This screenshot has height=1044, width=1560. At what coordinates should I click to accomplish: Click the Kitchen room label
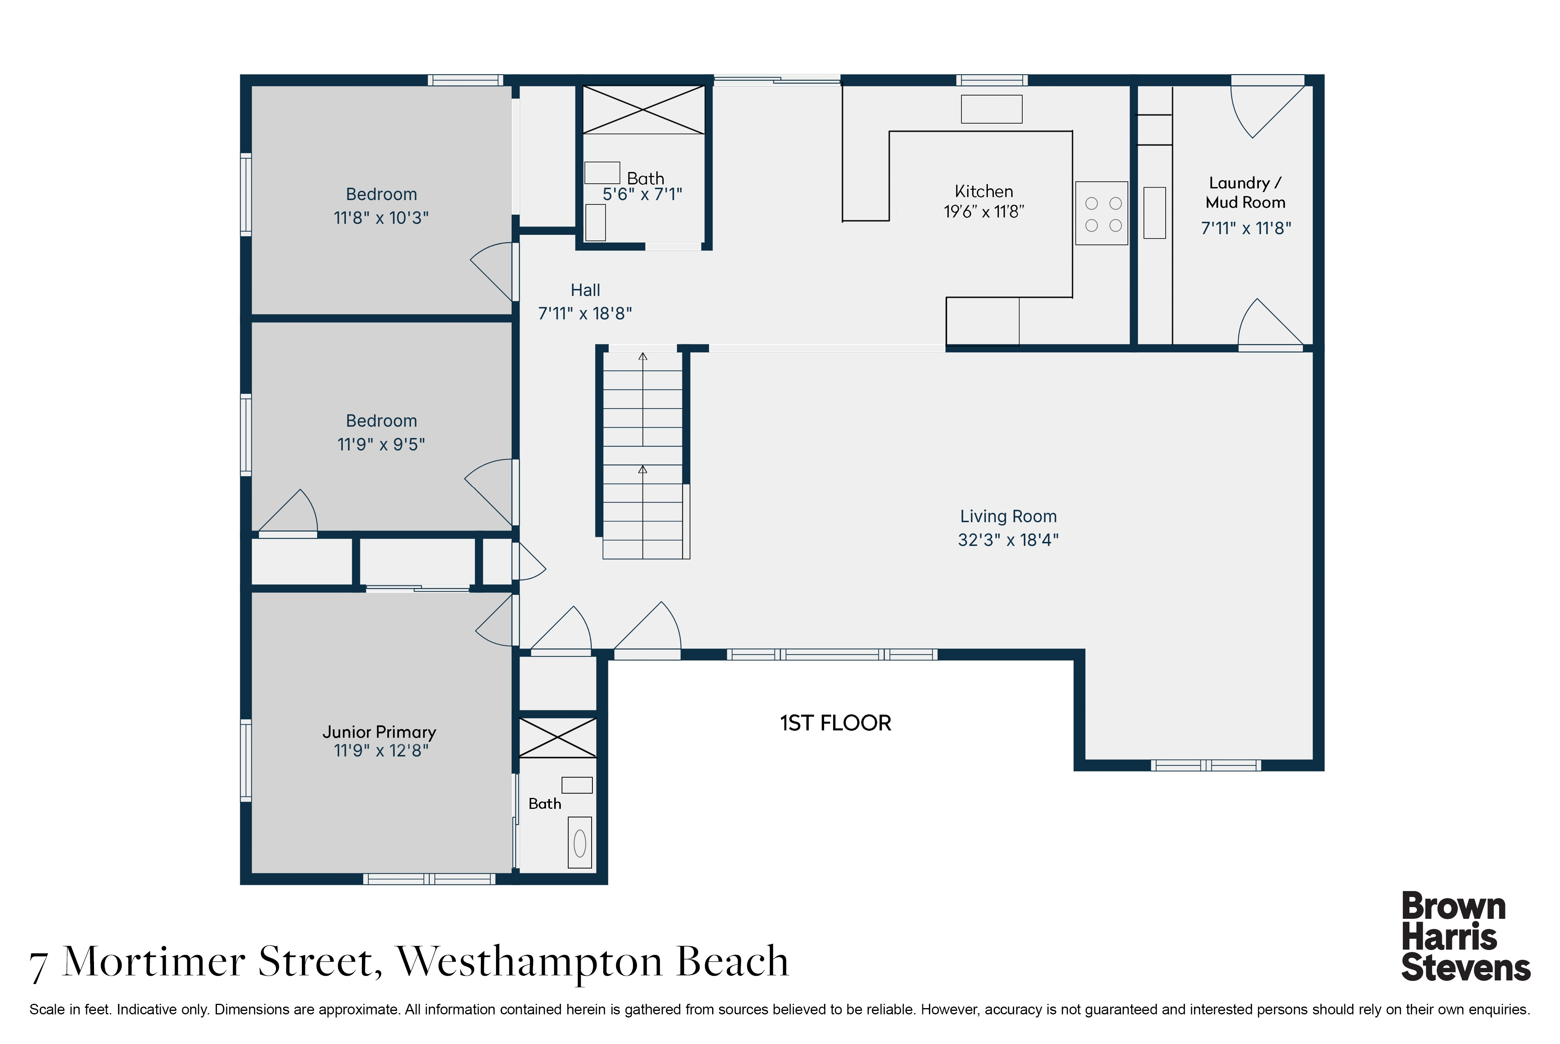[x=984, y=192]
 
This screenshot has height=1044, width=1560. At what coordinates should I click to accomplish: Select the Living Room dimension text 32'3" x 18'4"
[x=1008, y=540]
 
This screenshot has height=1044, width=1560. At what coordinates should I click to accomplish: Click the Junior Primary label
[x=379, y=732]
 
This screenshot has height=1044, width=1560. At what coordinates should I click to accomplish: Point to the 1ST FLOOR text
[x=836, y=723]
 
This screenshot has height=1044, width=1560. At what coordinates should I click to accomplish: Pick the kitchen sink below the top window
[x=991, y=109]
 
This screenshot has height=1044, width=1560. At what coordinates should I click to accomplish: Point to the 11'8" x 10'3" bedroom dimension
[x=381, y=218]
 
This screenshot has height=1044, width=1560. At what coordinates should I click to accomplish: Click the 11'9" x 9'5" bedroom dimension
[x=381, y=444]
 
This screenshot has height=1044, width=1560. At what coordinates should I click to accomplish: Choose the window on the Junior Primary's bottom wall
[x=429, y=879]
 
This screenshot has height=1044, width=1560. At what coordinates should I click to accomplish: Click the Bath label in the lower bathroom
[x=545, y=804]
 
